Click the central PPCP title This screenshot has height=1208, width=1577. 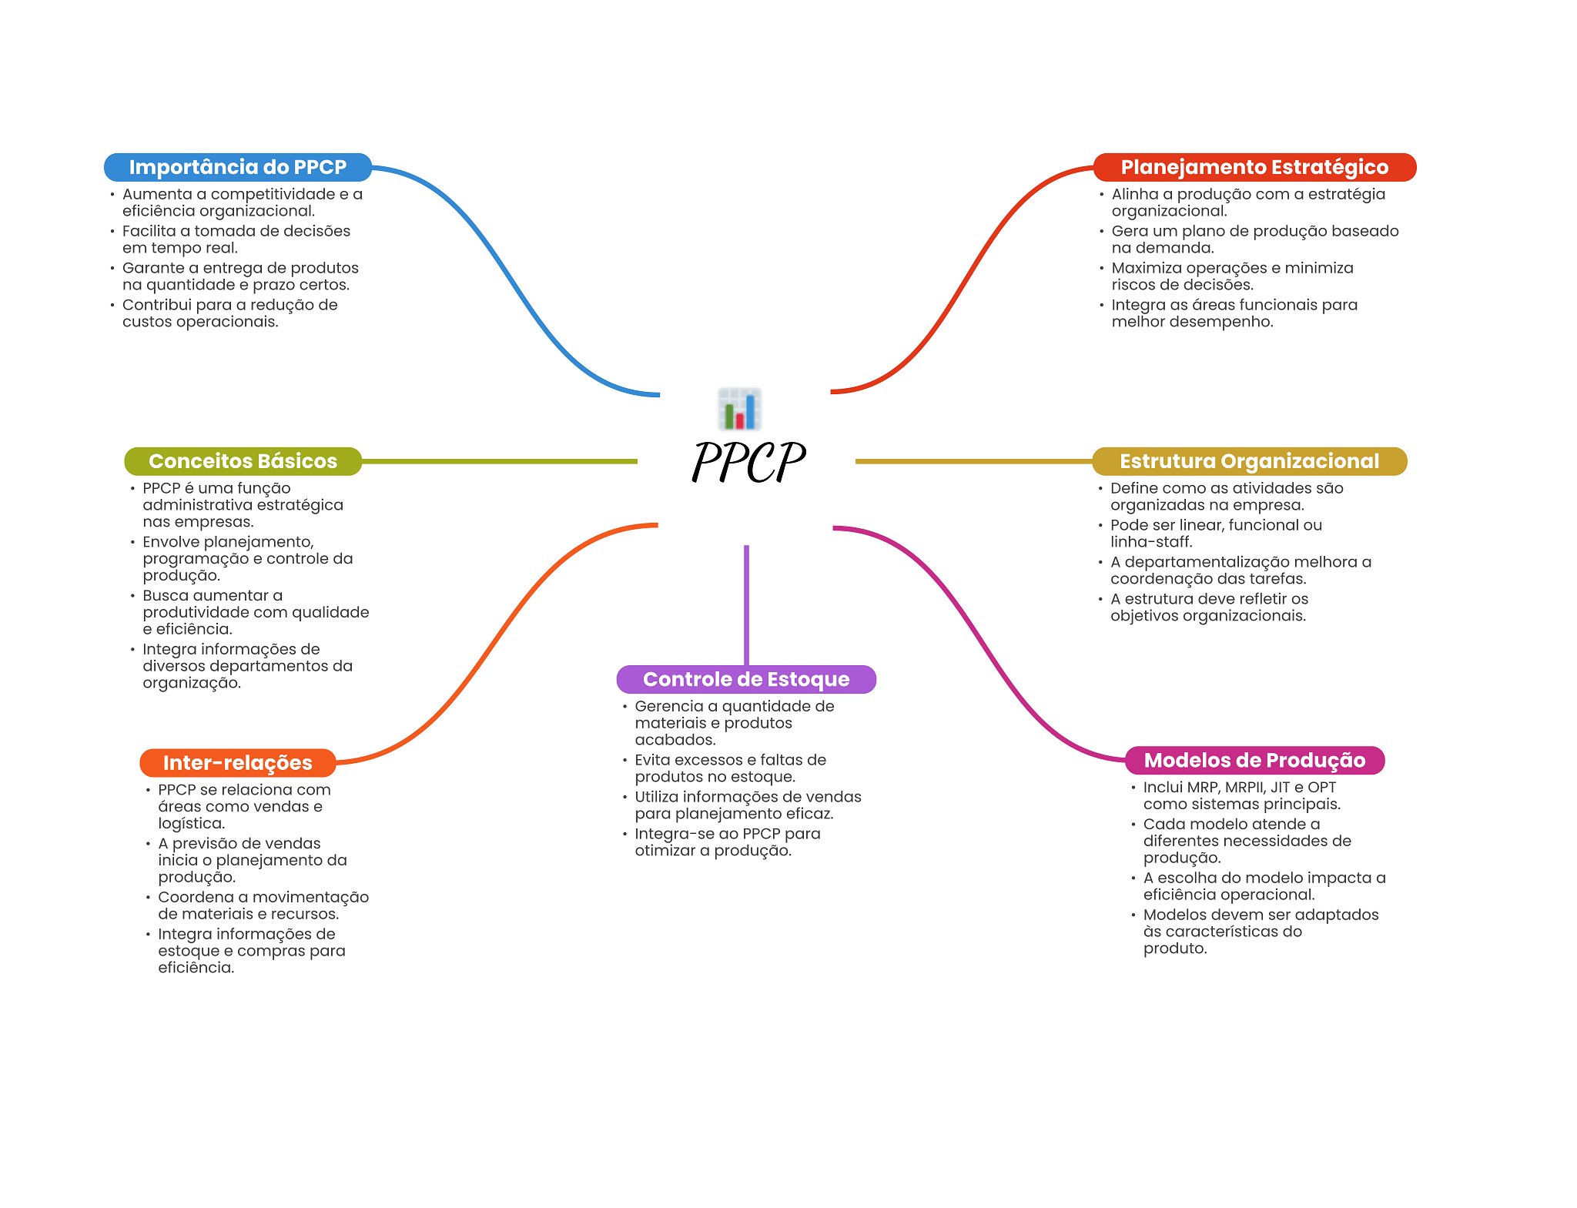tap(748, 462)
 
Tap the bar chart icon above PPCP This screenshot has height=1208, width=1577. tap(740, 409)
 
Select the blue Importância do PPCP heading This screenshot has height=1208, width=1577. tap(238, 167)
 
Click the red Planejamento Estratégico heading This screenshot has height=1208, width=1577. tap(1254, 167)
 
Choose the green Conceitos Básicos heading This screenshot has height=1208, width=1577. tap(243, 461)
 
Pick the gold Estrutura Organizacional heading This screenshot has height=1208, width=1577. tap(1249, 461)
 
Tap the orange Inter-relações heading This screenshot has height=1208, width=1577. tap(238, 763)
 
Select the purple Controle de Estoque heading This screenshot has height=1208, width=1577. tap(746, 679)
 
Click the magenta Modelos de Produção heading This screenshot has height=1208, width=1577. tap(1254, 760)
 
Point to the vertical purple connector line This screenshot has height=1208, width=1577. tap(746, 605)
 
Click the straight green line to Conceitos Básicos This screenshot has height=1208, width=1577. tap(500, 461)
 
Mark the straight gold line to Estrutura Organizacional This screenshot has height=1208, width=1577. tap(974, 461)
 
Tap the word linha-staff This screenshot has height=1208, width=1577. tap(1150, 542)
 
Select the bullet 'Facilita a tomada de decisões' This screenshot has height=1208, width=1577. tap(236, 239)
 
